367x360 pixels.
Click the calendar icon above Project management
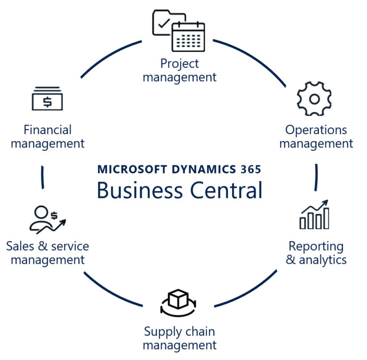[x=188, y=37]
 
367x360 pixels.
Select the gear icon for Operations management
[x=314, y=99]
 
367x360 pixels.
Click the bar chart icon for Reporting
[x=314, y=215]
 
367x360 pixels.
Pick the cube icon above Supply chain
[x=178, y=300]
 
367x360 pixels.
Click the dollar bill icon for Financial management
[x=47, y=99]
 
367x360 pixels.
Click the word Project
[x=179, y=64]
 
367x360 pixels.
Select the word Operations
[x=316, y=130]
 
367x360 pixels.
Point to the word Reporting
[x=316, y=246]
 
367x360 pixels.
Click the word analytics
[x=323, y=259]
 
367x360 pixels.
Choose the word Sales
[x=20, y=246]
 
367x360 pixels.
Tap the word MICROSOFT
[x=132, y=169]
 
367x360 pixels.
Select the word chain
[x=199, y=331]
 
